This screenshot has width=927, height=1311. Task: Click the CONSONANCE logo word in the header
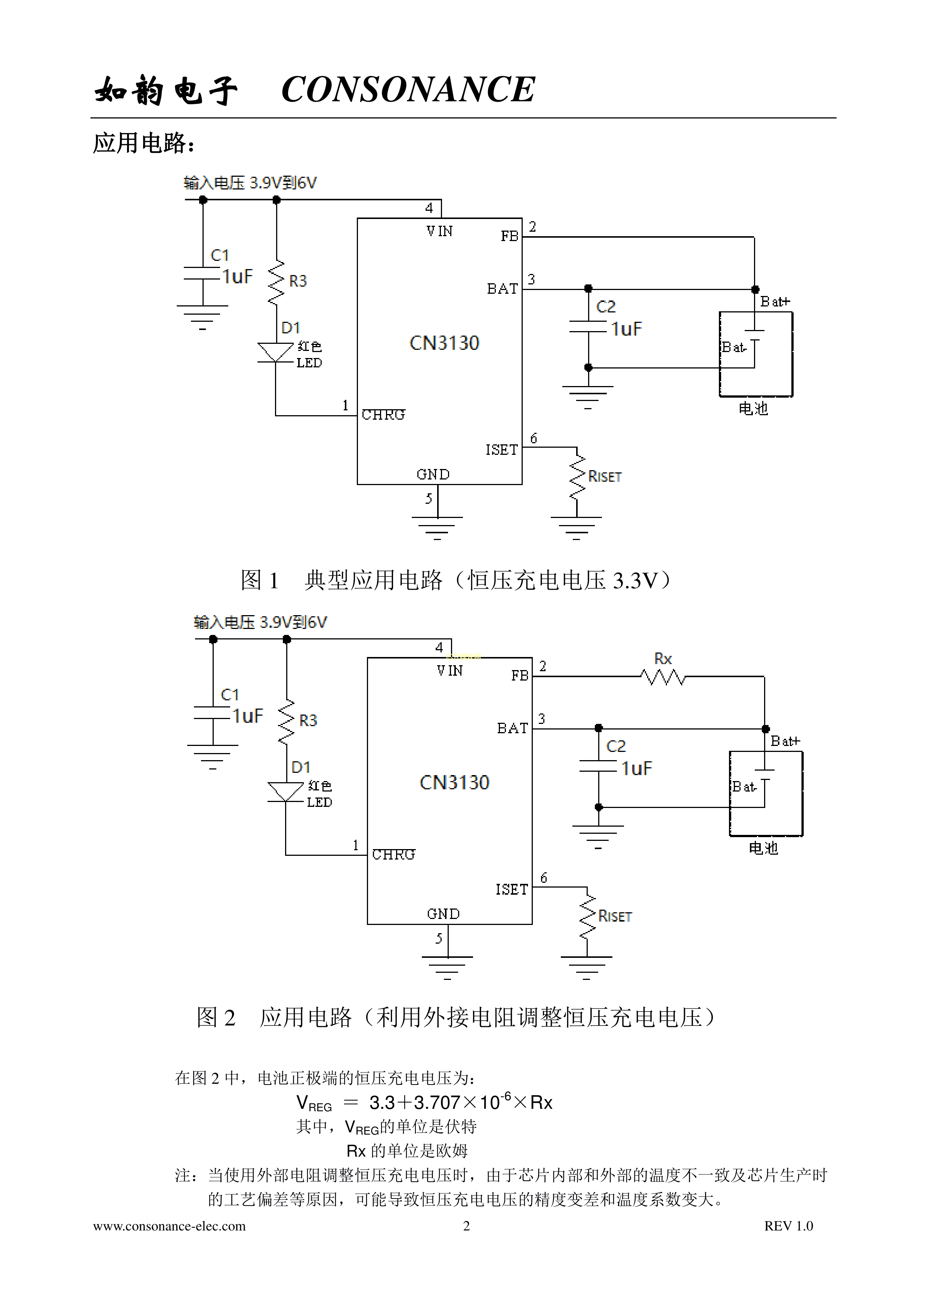(408, 90)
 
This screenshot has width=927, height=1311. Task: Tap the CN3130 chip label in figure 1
(444, 343)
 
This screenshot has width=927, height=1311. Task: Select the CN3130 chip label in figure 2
(454, 782)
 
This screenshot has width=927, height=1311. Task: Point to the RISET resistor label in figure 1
(605, 477)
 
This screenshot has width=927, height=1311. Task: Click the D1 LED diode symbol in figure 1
(276, 352)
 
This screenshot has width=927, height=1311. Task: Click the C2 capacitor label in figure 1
(606, 307)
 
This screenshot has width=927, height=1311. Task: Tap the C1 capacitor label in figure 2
(229, 695)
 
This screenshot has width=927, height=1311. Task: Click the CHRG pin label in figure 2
(393, 855)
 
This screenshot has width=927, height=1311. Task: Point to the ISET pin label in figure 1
(501, 450)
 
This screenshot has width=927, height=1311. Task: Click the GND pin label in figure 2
(443, 914)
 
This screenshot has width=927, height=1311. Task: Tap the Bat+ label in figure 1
(775, 302)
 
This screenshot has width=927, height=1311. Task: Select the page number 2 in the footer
(466, 1226)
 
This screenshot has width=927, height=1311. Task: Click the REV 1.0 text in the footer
(788, 1226)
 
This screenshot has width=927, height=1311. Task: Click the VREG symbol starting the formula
(313, 1103)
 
